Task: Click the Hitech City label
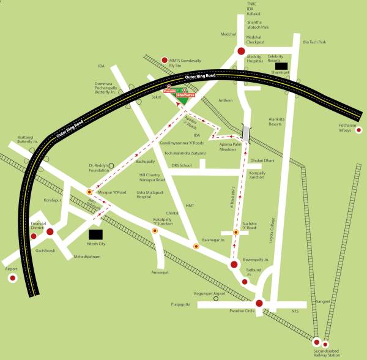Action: (95, 244)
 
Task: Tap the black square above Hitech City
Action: (96, 233)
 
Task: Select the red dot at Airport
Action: (12, 279)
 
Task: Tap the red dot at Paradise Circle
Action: (259, 302)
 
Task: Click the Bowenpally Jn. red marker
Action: (233, 264)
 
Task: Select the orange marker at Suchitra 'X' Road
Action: (235, 232)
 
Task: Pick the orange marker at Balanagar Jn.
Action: (196, 246)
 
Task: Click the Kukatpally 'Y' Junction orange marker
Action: (155, 231)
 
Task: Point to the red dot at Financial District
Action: (50, 231)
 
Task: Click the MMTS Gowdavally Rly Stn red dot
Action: (164, 60)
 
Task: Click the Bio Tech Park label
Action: (314, 42)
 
